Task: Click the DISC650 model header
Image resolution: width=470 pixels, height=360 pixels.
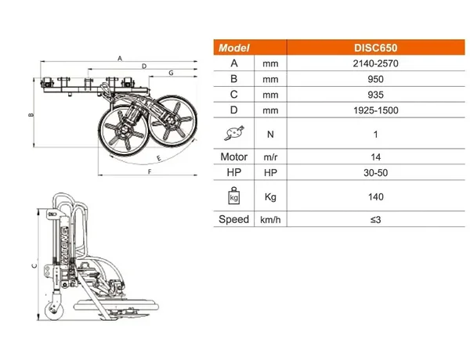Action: tap(375, 48)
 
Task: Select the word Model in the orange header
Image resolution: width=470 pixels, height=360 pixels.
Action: tap(233, 48)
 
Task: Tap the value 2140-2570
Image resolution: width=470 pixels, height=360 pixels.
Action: tap(375, 63)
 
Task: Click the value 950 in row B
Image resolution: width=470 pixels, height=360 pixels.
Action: tap(375, 79)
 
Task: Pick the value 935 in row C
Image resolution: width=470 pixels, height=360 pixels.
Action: tap(375, 95)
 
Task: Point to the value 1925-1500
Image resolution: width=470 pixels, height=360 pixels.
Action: tap(375, 110)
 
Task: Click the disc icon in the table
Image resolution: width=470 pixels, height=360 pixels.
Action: tap(234, 133)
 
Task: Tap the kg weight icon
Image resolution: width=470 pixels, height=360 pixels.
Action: tap(234, 196)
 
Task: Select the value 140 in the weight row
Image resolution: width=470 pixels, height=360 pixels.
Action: tap(375, 196)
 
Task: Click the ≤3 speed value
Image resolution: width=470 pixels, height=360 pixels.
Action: tap(375, 220)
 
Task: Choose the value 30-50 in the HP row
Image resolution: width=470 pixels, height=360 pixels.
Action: tap(375, 173)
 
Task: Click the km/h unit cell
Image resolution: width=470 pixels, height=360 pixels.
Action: tap(270, 220)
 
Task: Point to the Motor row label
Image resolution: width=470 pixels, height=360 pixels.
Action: tap(233, 157)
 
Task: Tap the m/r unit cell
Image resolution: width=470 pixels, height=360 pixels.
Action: tap(270, 157)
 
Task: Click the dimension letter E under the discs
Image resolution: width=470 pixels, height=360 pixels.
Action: tap(159, 158)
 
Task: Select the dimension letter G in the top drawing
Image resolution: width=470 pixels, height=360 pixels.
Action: tap(171, 73)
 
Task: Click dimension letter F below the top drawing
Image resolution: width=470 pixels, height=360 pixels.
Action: tap(150, 171)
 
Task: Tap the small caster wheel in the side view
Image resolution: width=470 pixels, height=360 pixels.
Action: tap(54, 311)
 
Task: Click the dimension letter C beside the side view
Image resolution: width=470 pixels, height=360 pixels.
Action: tap(34, 265)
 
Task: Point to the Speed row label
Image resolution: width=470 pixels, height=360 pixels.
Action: tap(233, 219)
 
